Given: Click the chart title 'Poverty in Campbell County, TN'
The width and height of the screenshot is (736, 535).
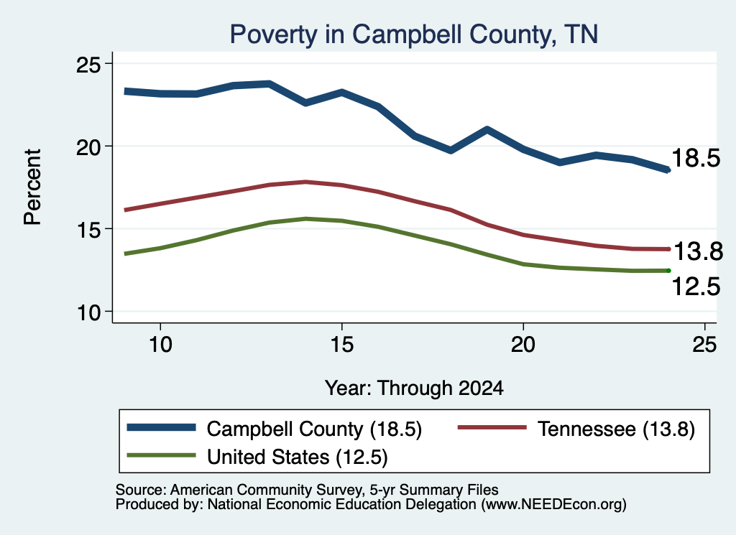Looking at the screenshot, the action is click(413, 34).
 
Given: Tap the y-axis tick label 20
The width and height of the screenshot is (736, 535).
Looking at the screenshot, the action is click(88, 146).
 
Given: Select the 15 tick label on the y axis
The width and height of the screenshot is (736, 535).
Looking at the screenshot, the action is click(88, 229).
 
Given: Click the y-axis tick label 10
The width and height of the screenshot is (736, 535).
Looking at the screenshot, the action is click(88, 312).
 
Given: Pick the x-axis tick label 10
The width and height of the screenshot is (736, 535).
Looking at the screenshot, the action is click(160, 345).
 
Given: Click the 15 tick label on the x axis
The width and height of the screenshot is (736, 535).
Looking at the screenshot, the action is click(341, 345).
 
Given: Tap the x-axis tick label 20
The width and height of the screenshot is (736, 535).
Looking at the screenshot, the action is click(523, 345).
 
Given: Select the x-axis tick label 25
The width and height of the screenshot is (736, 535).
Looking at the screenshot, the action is click(704, 345).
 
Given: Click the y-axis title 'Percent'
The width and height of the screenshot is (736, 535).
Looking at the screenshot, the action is click(32, 187).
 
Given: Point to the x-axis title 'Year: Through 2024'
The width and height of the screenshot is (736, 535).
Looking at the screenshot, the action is click(414, 389).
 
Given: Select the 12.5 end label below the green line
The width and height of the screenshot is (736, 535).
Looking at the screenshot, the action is click(696, 287).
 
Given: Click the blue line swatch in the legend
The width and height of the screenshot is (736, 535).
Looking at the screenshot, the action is click(162, 427).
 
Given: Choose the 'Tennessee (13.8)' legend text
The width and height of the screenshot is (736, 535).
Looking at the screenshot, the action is click(616, 429).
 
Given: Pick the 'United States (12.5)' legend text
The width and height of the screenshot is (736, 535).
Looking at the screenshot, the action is click(298, 457).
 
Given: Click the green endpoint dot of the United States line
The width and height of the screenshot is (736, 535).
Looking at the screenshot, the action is click(668, 271).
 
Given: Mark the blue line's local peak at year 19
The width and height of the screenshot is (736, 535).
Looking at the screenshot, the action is click(487, 129).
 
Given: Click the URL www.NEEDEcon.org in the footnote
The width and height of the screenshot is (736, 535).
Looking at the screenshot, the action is click(553, 505).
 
